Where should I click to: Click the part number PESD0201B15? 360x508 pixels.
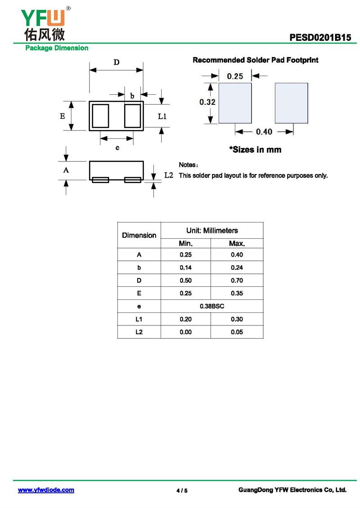tap(320, 38)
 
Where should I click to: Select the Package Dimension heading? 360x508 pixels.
tap(57, 48)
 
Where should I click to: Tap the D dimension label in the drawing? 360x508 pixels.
tap(116, 62)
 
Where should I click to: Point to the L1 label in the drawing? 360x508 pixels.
tap(162, 116)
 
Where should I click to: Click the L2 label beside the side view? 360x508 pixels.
tap(169, 175)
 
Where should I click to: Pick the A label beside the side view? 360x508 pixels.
tap(66, 170)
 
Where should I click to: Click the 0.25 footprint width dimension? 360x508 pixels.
tap(234, 76)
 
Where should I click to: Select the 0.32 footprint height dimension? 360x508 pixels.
tap(207, 102)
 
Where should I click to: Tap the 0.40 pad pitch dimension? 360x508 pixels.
tap(264, 132)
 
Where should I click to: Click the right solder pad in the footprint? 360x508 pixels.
tap(291, 102)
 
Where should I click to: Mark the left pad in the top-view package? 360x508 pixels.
tap(100, 116)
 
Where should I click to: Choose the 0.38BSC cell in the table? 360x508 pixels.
tap(212, 306)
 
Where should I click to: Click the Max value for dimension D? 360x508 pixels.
tap(237, 281)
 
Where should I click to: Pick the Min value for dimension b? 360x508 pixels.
tap(185, 267)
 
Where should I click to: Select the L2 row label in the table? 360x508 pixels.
tap(139, 332)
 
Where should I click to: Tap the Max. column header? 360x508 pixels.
tap(237, 244)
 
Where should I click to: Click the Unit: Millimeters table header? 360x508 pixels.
tap(212, 230)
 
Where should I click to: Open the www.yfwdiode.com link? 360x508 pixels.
tap(46, 490)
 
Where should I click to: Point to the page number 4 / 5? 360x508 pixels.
tap(182, 490)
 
